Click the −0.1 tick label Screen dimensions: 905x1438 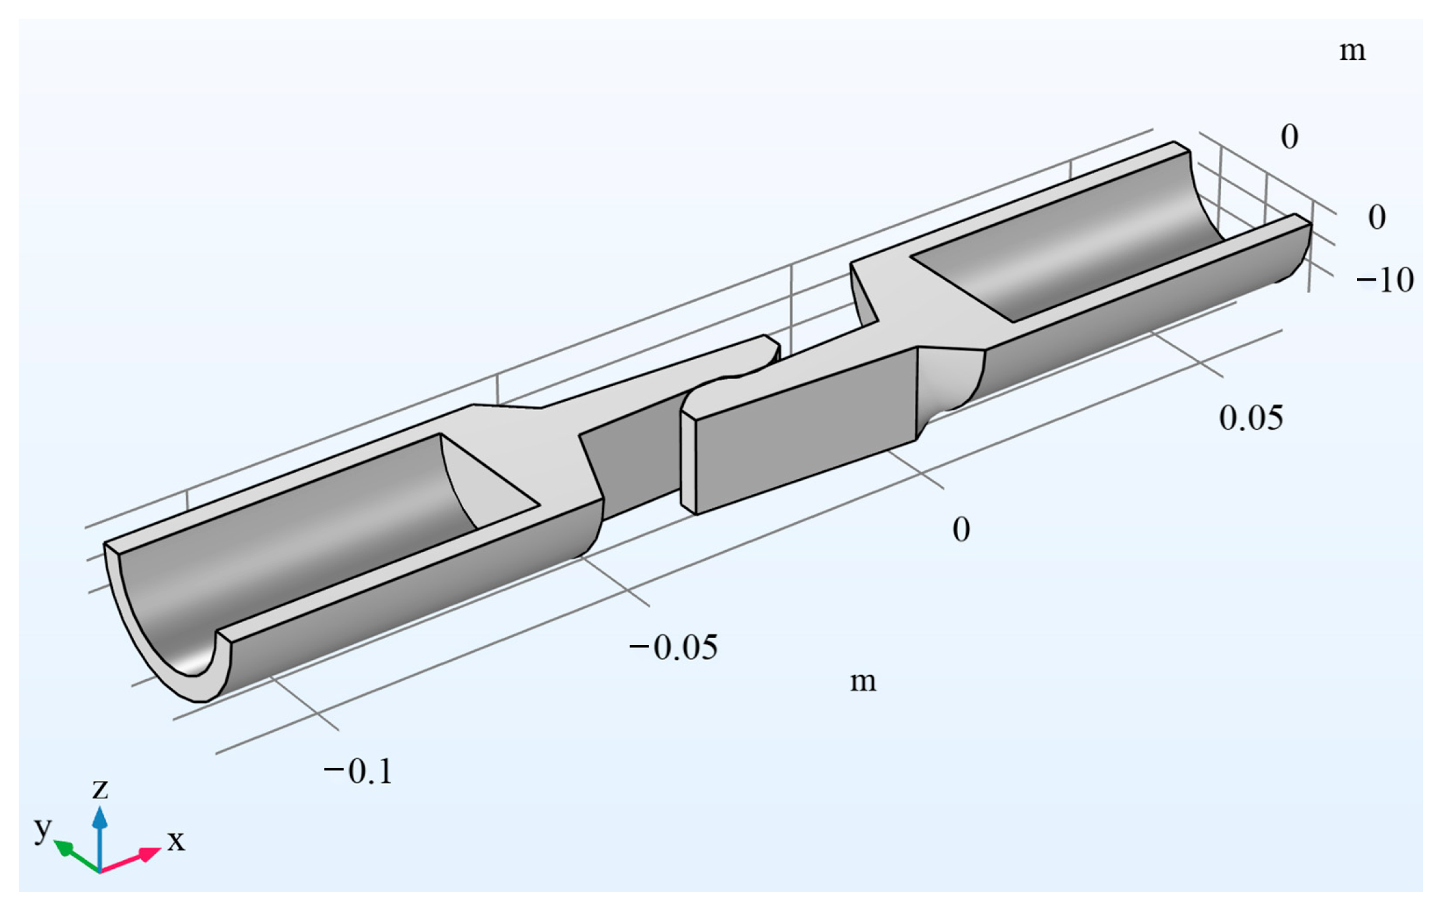(358, 772)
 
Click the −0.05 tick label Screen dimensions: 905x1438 (673, 647)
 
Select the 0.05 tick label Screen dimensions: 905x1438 (1250, 418)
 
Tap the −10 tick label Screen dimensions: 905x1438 (1384, 280)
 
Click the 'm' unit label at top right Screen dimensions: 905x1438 (1352, 51)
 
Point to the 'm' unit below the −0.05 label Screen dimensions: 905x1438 (863, 680)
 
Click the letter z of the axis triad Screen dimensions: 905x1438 (100, 789)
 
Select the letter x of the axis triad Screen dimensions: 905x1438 (176, 840)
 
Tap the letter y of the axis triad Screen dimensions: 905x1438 (42, 829)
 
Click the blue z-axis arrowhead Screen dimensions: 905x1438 (100, 817)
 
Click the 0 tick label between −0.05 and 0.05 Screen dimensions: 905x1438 (961, 530)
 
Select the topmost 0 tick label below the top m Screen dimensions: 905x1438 (1289, 137)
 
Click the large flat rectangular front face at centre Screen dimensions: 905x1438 (804, 430)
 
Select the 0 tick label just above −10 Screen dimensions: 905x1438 (1377, 218)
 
